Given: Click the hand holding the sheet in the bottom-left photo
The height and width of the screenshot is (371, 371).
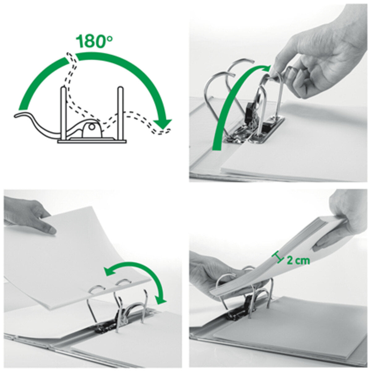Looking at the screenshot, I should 28,215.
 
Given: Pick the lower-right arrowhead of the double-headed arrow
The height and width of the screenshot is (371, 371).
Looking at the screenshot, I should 161,298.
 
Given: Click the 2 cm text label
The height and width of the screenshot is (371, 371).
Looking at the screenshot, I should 298,260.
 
